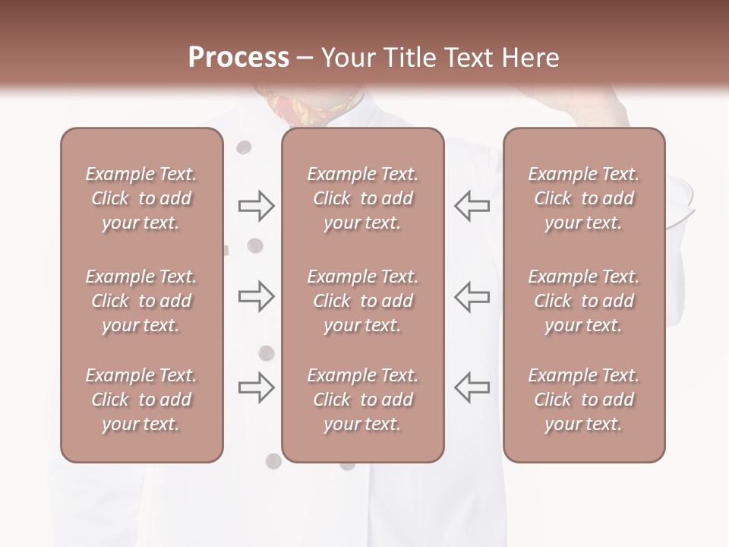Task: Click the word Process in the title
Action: tap(238, 58)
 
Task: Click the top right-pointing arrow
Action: tap(256, 206)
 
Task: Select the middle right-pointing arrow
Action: tap(256, 296)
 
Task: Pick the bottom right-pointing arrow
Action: tap(256, 387)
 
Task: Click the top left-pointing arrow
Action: tap(472, 206)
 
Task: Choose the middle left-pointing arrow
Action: tap(472, 296)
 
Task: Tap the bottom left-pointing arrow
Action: tap(472, 387)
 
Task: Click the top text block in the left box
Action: tap(141, 198)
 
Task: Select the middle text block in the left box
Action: tap(141, 301)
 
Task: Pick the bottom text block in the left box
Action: tap(141, 400)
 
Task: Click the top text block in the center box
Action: tap(362, 198)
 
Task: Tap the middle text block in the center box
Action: tap(362, 301)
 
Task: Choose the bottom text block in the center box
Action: tap(362, 400)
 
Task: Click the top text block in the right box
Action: tap(583, 198)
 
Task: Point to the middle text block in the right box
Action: tap(583, 301)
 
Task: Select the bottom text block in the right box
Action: tap(583, 400)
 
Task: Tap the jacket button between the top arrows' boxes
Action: tap(256, 245)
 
